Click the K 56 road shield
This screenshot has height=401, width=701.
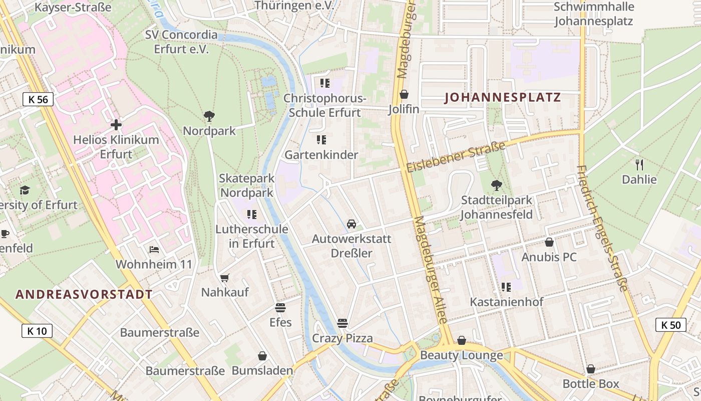click(x=38, y=99)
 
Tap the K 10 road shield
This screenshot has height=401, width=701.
click(x=37, y=331)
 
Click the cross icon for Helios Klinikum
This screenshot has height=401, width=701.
click(x=116, y=124)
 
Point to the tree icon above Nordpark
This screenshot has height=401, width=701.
click(x=209, y=116)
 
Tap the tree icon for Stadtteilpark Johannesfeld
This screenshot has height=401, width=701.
click(x=496, y=185)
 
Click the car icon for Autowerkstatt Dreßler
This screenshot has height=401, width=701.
click(x=352, y=224)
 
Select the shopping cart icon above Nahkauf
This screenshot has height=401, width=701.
click(x=225, y=277)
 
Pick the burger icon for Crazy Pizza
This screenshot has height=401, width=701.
click(x=342, y=323)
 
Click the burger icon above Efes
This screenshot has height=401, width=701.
click(x=280, y=307)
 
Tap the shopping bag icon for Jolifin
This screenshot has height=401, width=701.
click(x=404, y=94)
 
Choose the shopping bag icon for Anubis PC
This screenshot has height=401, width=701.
click(x=549, y=242)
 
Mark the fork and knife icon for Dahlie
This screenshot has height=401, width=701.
click(x=639, y=164)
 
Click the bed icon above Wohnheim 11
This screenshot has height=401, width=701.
click(x=154, y=249)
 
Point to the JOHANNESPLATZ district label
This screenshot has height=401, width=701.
click(x=503, y=98)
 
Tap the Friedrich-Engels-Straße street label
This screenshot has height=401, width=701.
click(x=602, y=228)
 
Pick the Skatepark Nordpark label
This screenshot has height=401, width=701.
click(x=247, y=185)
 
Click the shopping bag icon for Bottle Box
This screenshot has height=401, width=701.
click(x=591, y=369)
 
